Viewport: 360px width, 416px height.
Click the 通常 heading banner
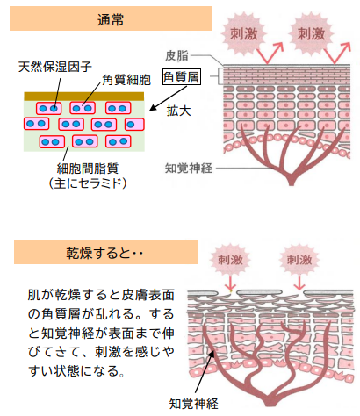(111, 18)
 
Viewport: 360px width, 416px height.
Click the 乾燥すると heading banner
(105, 252)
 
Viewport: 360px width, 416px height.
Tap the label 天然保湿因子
(55, 67)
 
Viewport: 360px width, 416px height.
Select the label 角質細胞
(126, 80)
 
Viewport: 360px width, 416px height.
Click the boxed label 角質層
(182, 77)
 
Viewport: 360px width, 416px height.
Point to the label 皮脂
(176, 55)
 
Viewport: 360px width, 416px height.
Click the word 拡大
(178, 111)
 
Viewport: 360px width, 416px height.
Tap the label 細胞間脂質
(88, 169)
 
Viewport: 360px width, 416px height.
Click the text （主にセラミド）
(88, 183)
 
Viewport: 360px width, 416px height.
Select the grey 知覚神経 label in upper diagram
(189, 169)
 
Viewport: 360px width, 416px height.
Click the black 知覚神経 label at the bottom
(194, 404)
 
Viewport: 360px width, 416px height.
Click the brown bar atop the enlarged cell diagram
(84, 97)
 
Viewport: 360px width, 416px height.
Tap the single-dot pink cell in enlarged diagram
(134, 125)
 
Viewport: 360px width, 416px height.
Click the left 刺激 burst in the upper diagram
(244, 33)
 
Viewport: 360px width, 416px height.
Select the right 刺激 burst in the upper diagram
(311, 33)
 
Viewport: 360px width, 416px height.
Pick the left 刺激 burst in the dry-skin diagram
(230, 260)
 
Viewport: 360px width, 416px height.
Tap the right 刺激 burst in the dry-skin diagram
(299, 260)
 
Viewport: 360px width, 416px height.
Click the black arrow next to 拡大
(168, 98)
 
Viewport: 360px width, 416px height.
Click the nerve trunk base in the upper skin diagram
(291, 180)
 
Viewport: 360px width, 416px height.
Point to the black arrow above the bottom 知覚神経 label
(205, 371)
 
